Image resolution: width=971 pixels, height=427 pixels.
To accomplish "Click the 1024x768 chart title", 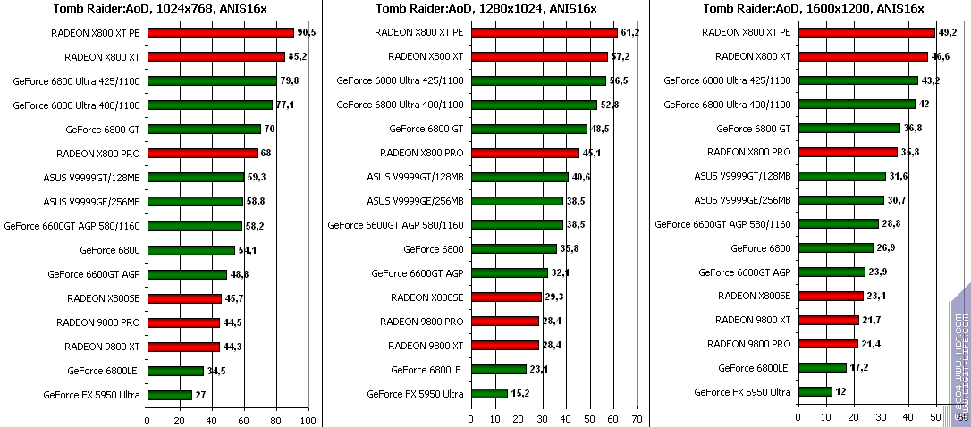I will pos(158,9).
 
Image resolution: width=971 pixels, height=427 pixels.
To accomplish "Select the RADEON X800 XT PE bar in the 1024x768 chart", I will pos(220,32).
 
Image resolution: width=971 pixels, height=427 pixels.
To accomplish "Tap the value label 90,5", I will pos(308,32).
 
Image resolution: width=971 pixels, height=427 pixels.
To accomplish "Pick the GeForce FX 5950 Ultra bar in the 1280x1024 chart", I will pos(489,394).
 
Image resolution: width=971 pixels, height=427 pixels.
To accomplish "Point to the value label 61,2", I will pos(631,32).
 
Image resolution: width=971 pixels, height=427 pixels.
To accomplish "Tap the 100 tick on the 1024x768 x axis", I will pos(308,419).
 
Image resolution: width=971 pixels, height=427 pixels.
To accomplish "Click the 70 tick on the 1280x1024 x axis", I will pos(636,419).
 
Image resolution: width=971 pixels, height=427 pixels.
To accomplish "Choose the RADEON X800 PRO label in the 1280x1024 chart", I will pos(421,153).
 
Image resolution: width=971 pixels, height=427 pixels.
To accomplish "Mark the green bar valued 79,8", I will pos(212,80).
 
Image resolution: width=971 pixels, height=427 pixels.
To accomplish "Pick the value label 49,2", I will pos(948,32).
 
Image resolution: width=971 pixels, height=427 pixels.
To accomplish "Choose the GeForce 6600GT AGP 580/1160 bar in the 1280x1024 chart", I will pos(517,225).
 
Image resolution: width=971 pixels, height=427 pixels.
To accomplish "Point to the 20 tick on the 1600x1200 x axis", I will pos(854,419).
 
